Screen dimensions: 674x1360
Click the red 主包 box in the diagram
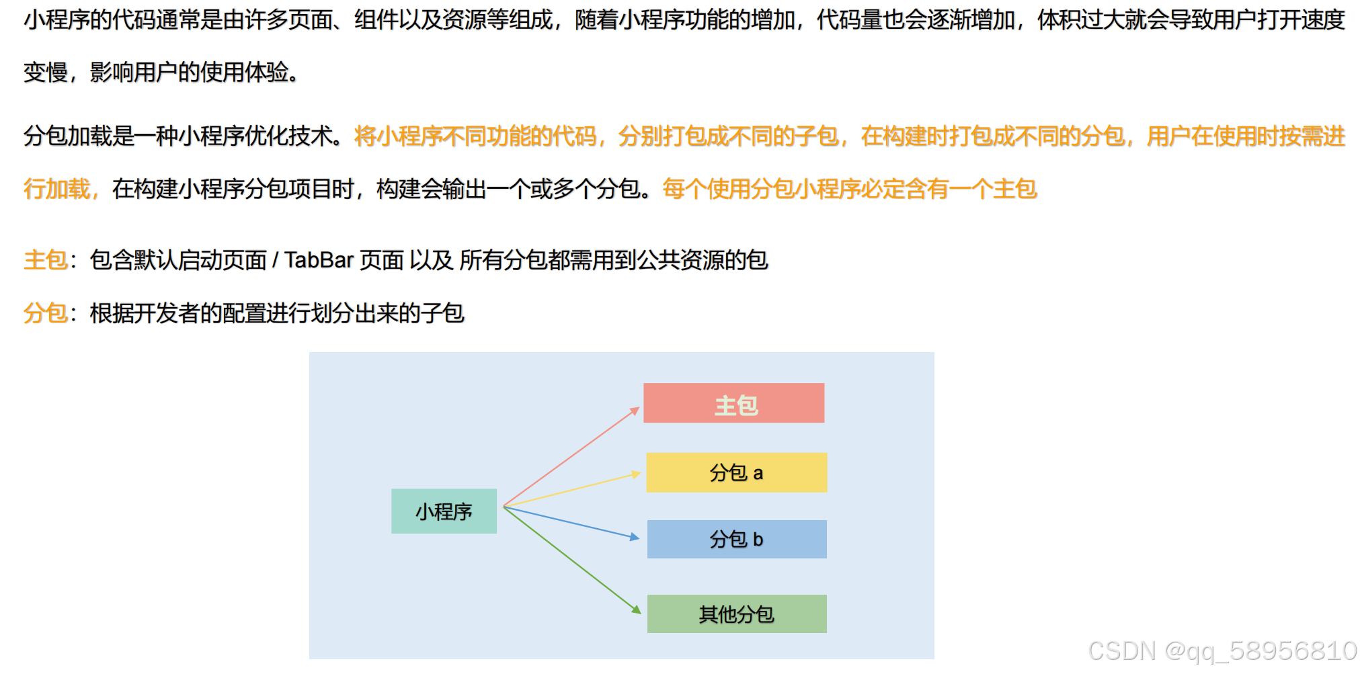[x=733, y=403]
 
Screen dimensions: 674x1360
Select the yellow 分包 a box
[x=736, y=472]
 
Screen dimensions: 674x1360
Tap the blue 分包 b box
[x=736, y=539]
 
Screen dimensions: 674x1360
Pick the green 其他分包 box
[x=736, y=614]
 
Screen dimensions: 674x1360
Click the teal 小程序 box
[x=444, y=511]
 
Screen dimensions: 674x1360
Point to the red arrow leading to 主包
[x=571, y=457]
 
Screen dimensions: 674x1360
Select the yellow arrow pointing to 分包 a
[x=571, y=490]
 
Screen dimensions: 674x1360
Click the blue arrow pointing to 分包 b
[x=571, y=523]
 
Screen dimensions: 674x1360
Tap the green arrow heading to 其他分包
[x=571, y=558]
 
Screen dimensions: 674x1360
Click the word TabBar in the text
[x=319, y=260]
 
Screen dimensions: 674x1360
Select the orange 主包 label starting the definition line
[x=45, y=260]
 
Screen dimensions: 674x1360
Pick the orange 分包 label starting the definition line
[x=45, y=313]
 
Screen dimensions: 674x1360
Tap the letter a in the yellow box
[x=758, y=473]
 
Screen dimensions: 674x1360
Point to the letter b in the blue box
[x=758, y=540]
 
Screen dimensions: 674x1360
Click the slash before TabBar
[x=275, y=260]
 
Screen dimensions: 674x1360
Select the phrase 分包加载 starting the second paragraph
[x=67, y=136]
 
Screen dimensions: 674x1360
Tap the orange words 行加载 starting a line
[x=56, y=189]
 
